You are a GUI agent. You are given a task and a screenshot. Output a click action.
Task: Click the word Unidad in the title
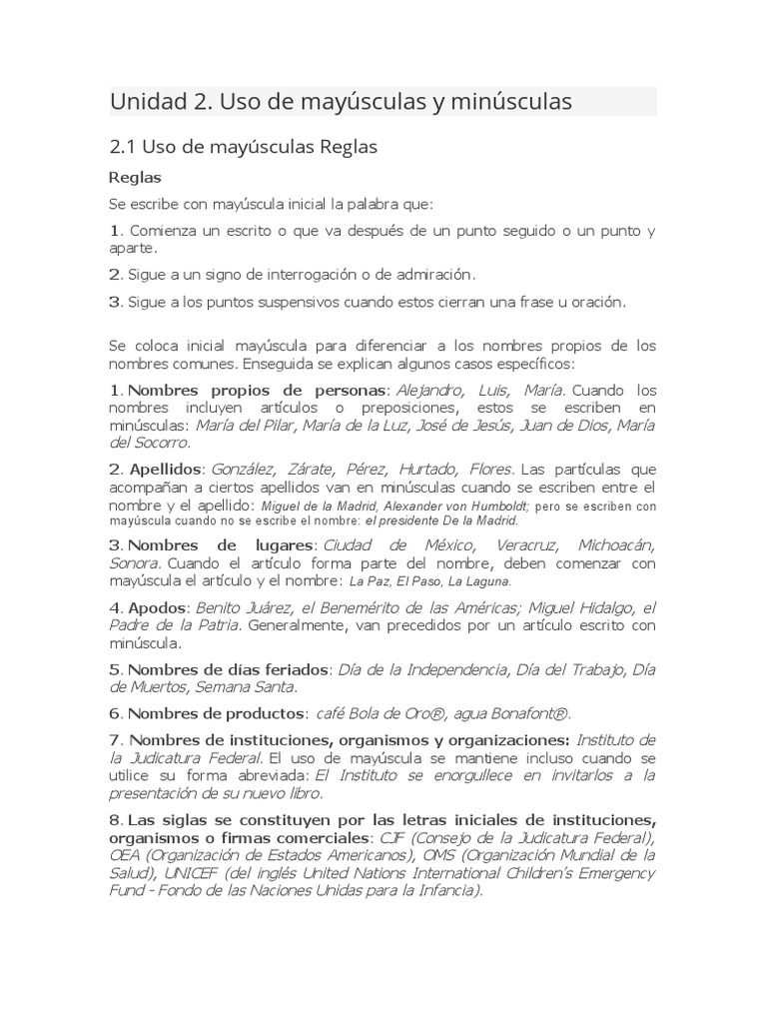(147, 101)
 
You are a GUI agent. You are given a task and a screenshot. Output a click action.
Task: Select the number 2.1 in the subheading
(123, 147)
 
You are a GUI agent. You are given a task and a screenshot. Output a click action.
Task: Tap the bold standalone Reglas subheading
(135, 178)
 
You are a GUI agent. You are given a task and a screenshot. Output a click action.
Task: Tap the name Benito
(219, 607)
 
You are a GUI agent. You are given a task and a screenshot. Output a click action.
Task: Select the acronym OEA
(126, 855)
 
